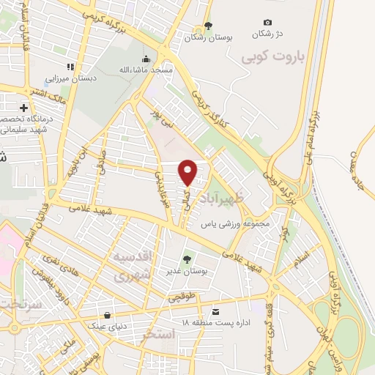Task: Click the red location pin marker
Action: [x=188, y=171]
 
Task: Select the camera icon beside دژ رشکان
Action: [x=267, y=23]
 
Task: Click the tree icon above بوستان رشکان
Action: [x=208, y=25]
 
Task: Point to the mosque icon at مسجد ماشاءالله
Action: [x=146, y=59]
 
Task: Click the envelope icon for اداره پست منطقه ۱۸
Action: [x=215, y=311]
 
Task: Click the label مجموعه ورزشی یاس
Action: [x=234, y=225]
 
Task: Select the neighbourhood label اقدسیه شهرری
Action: [x=134, y=267]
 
